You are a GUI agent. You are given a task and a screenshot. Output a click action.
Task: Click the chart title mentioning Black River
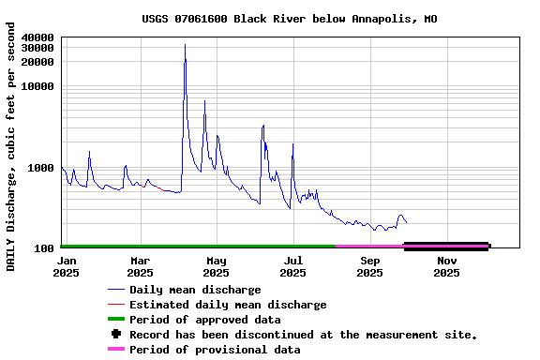[289, 19]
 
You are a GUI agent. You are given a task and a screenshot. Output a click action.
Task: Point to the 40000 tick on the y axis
[37, 37]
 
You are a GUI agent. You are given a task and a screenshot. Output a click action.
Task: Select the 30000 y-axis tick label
[37, 48]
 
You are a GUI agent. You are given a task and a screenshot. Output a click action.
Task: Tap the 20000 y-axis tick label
[37, 62]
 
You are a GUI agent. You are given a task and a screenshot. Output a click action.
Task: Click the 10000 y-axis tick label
[37, 86]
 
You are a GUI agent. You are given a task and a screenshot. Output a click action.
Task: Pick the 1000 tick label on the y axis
[41, 168]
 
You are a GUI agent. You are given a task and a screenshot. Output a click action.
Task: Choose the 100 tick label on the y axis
[44, 248]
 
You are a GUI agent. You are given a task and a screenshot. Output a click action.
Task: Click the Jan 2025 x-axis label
[67, 267]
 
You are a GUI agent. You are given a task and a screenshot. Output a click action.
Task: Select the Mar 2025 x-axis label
[140, 267]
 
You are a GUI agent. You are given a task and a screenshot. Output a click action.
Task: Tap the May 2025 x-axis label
[217, 267]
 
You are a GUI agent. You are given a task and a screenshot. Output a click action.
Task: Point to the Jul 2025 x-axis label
[293, 267]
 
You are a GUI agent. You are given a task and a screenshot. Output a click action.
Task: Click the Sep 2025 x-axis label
[370, 267]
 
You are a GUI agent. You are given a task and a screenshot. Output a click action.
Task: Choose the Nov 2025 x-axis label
[447, 267]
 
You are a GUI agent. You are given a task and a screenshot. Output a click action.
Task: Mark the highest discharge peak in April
[185, 45]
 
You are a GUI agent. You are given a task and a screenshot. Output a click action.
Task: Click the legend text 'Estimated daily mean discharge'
[228, 305]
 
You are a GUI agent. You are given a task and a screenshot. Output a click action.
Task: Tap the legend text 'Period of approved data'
[204, 320]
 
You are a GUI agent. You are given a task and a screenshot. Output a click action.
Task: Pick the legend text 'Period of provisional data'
[215, 350]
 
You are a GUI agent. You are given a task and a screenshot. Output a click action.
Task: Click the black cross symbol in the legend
[116, 335]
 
